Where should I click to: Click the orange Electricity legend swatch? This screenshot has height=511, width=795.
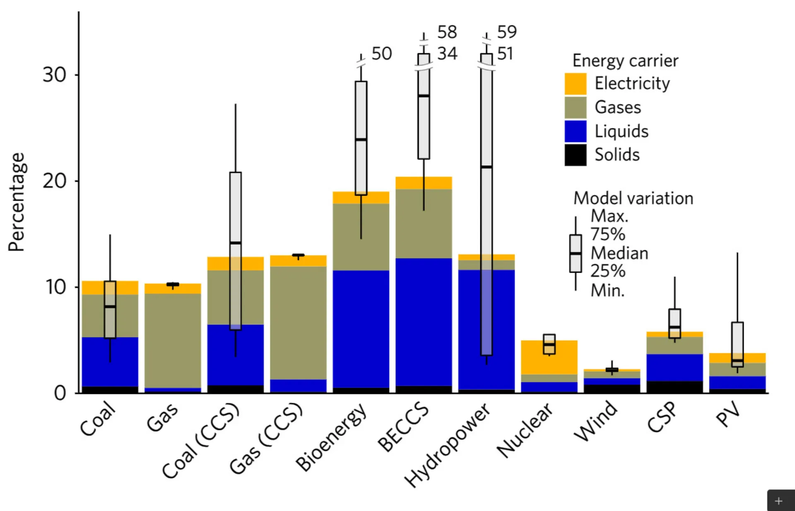pyautogui.click(x=575, y=84)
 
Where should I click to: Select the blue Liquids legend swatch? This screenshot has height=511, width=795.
pyautogui.click(x=575, y=131)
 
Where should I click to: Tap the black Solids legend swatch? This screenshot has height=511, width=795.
pyautogui.click(x=575, y=155)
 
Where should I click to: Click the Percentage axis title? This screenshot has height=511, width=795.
pyautogui.click(x=17, y=202)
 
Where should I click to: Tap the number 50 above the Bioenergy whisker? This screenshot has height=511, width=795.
pyautogui.click(x=381, y=53)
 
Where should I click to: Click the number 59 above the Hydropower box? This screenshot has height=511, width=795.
pyautogui.click(x=507, y=32)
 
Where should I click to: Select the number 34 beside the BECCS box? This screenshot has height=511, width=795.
pyautogui.click(x=447, y=53)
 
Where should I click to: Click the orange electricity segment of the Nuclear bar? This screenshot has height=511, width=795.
pyautogui.click(x=534, y=357)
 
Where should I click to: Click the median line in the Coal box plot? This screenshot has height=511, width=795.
pyautogui.click(x=110, y=307)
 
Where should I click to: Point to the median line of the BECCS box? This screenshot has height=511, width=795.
pyautogui.click(x=424, y=96)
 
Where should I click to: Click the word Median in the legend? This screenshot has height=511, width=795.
pyautogui.click(x=619, y=253)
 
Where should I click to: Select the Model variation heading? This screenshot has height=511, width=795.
pyautogui.click(x=633, y=198)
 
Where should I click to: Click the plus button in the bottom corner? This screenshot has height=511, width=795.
pyautogui.click(x=779, y=501)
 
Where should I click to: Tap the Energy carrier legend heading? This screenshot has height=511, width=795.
pyautogui.click(x=625, y=61)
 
